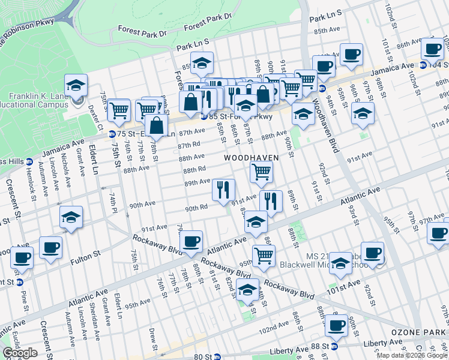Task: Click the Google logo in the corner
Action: pyautogui.click(x=20, y=352)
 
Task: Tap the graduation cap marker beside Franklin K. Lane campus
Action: pyautogui.click(x=76, y=86)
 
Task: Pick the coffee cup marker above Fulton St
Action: pyautogui.click(x=50, y=247)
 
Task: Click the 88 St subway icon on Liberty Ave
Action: pyautogui.click(x=335, y=346)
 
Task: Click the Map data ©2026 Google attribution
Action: pyautogui.click(x=412, y=355)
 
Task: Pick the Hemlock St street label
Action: pyautogui.click(x=30, y=177)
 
